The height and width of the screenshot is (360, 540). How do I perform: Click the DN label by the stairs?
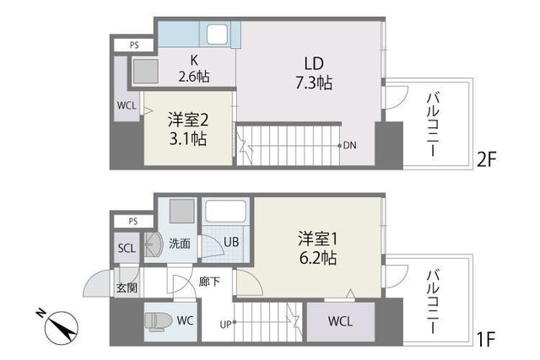pyautogui.click(x=348, y=145)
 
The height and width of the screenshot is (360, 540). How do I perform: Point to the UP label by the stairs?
pyautogui.click(x=225, y=322)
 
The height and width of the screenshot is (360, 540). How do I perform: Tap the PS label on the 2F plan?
pyautogui.click(x=135, y=45)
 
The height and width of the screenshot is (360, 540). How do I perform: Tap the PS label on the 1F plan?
pyautogui.click(x=135, y=222)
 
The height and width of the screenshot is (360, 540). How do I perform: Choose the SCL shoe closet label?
pyautogui.click(x=127, y=249)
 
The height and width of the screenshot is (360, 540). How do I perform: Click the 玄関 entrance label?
pyautogui.click(x=127, y=287)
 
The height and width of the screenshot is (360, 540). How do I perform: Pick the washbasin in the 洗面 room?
pyautogui.click(x=153, y=244)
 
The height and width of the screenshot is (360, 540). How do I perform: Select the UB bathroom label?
pyautogui.click(x=229, y=243)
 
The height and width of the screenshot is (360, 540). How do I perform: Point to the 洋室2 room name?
pyautogui.click(x=186, y=119)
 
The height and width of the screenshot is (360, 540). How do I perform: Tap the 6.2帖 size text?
pyautogui.click(x=317, y=257)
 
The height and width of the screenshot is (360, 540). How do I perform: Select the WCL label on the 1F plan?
pyautogui.click(x=341, y=321)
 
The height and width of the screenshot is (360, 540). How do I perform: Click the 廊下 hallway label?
pyautogui.click(x=210, y=282)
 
